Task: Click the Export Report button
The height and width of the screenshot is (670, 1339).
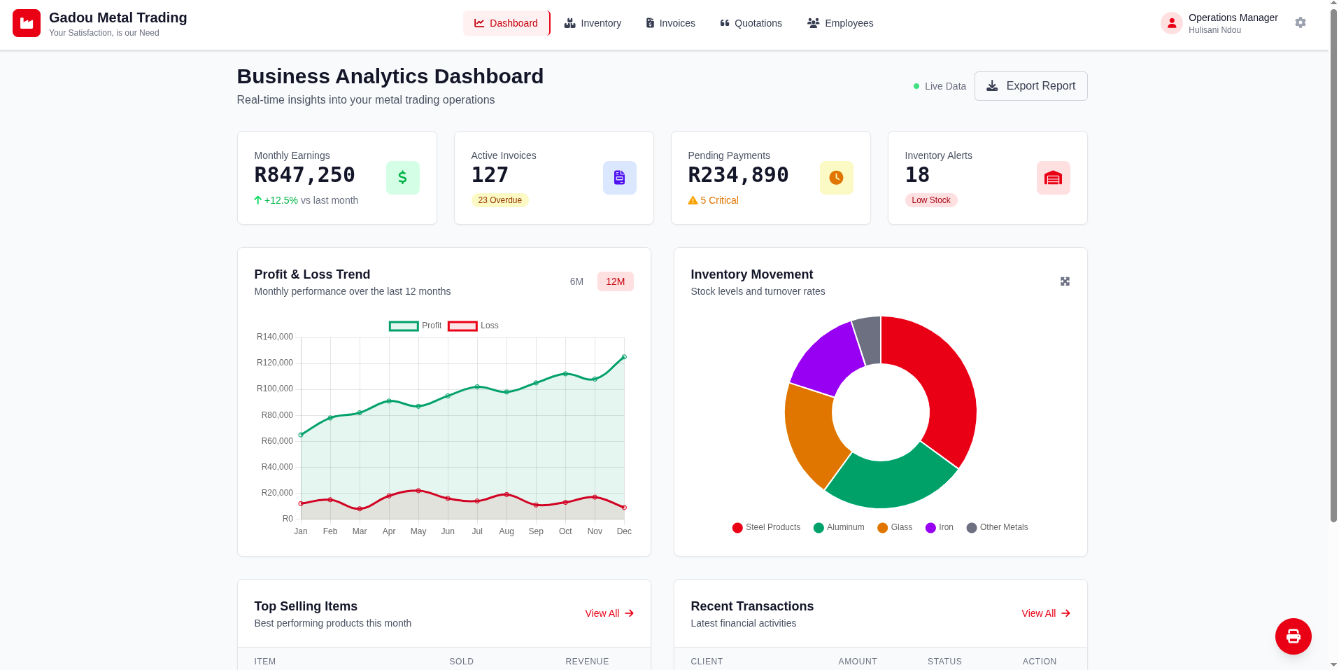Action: pyautogui.click(x=1030, y=86)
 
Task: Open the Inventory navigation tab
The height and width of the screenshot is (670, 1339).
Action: pyautogui.click(x=593, y=23)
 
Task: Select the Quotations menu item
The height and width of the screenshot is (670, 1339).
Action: pyautogui.click(x=751, y=23)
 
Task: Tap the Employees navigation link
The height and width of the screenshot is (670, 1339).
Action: pyautogui.click(x=840, y=23)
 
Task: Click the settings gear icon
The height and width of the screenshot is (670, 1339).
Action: pyautogui.click(x=1300, y=23)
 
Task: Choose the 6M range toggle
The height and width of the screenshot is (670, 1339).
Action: pyautogui.click(x=576, y=281)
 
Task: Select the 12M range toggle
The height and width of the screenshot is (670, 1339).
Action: pyautogui.click(x=615, y=281)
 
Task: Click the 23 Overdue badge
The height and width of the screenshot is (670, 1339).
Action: pyautogui.click(x=500, y=200)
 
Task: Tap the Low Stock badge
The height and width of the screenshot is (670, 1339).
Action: pyautogui.click(x=930, y=200)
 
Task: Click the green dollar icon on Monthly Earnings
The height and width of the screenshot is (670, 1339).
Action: pyautogui.click(x=402, y=178)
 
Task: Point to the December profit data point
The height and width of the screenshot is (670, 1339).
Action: pyautogui.click(x=624, y=357)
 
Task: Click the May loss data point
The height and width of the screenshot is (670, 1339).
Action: pyautogui.click(x=418, y=491)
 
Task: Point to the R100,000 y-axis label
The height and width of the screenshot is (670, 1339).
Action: pyautogui.click(x=275, y=389)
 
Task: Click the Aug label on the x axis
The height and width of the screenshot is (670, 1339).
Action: pyautogui.click(x=506, y=531)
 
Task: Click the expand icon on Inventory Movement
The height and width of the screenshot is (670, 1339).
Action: pyautogui.click(x=1065, y=281)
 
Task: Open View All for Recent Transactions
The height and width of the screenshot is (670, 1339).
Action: pyautogui.click(x=1045, y=613)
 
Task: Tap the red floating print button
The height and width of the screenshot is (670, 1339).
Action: pyautogui.click(x=1293, y=636)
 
